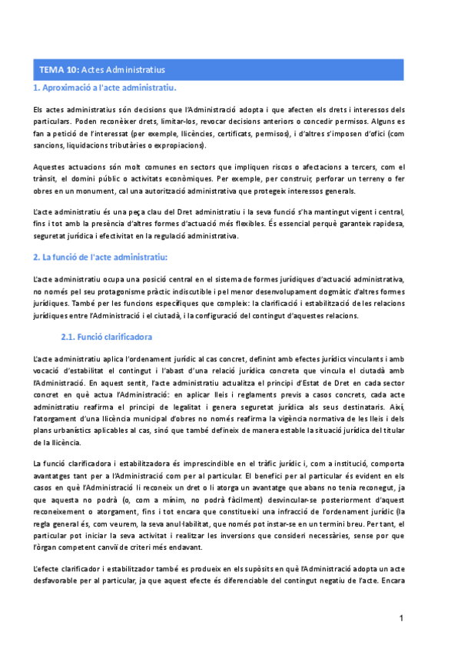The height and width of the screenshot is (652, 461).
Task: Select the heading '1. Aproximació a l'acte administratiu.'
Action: point(104,89)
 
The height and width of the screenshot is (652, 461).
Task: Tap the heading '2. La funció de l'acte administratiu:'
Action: point(100,255)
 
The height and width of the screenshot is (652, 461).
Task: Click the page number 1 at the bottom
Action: point(401,618)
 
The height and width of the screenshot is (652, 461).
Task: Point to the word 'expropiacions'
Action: point(183,145)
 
